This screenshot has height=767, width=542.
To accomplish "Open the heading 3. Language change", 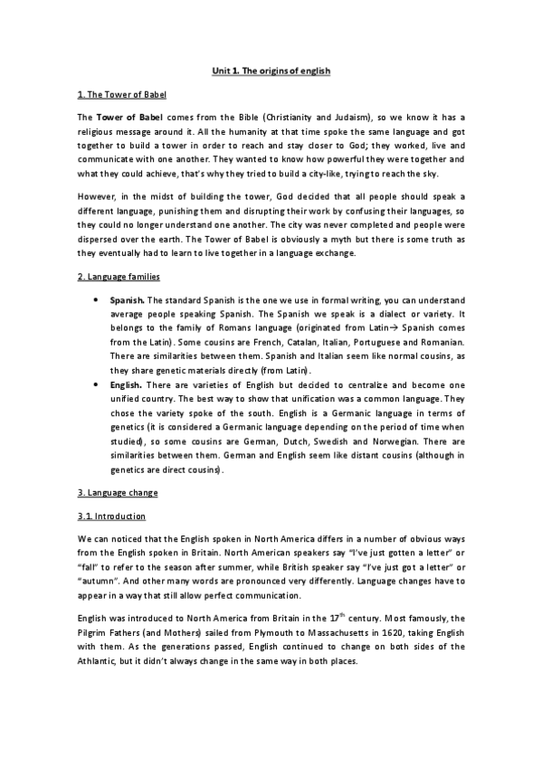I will tap(118, 492).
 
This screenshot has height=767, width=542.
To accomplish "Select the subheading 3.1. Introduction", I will tap(111, 516).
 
